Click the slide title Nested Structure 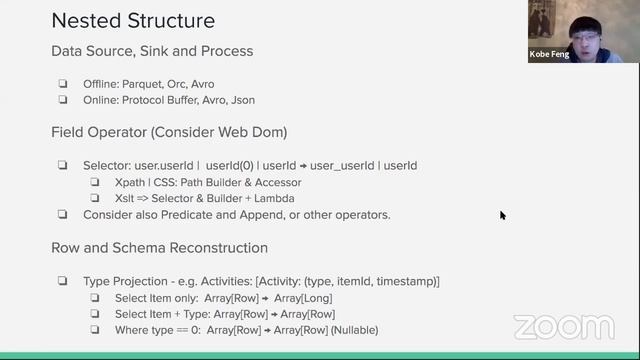click(x=133, y=20)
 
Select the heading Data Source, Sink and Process click(x=152, y=51)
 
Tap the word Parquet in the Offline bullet click(x=152, y=84)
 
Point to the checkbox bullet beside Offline click(x=63, y=84)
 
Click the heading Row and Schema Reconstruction click(x=158, y=248)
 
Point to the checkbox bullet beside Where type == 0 click(x=96, y=330)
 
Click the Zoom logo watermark click(x=564, y=327)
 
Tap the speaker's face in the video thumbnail click(x=581, y=27)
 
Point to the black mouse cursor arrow click(x=502, y=214)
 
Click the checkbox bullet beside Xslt click(x=96, y=199)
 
